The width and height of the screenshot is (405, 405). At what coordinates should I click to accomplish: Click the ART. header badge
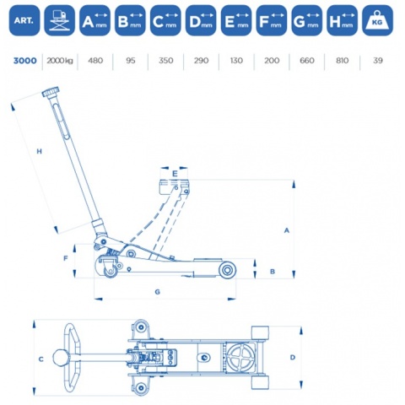click(24, 21)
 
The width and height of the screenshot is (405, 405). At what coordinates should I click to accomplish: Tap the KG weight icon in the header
click(377, 21)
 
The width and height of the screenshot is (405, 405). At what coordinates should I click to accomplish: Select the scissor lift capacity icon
click(60, 21)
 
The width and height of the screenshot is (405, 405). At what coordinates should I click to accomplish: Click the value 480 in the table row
click(95, 61)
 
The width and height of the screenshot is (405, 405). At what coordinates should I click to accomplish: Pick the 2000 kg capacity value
click(60, 61)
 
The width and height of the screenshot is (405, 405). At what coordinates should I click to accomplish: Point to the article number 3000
click(25, 61)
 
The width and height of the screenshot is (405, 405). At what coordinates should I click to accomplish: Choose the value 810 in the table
click(342, 61)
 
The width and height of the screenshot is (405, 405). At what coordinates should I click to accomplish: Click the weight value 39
click(377, 61)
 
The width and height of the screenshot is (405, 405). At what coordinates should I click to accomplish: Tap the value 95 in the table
click(131, 61)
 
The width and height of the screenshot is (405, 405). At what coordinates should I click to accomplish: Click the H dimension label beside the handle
click(40, 151)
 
